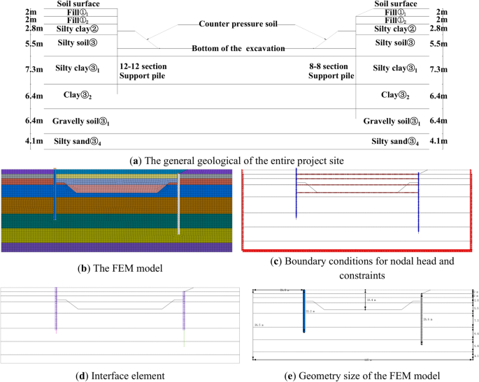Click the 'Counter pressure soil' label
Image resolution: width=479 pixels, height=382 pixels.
coord(238,24)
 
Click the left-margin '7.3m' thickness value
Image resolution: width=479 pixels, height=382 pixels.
coord(13,69)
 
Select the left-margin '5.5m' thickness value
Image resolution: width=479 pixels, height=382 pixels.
coord(13,43)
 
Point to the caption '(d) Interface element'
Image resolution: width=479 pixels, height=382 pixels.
coord(118,375)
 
